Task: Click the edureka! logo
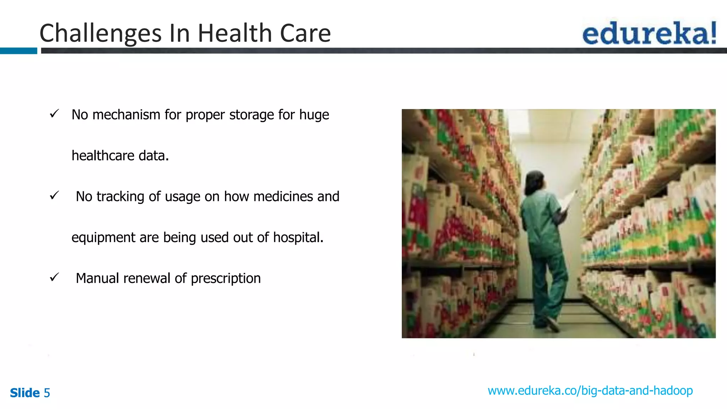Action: (x=649, y=33)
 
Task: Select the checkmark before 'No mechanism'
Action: (x=54, y=114)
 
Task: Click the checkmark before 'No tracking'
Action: (x=54, y=195)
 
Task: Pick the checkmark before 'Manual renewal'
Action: (x=54, y=277)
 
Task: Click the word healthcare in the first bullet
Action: (x=103, y=156)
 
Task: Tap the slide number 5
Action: (x=47, y=393)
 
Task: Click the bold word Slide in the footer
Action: (x=25, y=393)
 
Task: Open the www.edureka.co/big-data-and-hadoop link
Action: (x=590, y=391)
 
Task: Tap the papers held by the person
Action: (x=569, y=200)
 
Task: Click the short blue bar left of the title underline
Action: (x=18, y=51)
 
